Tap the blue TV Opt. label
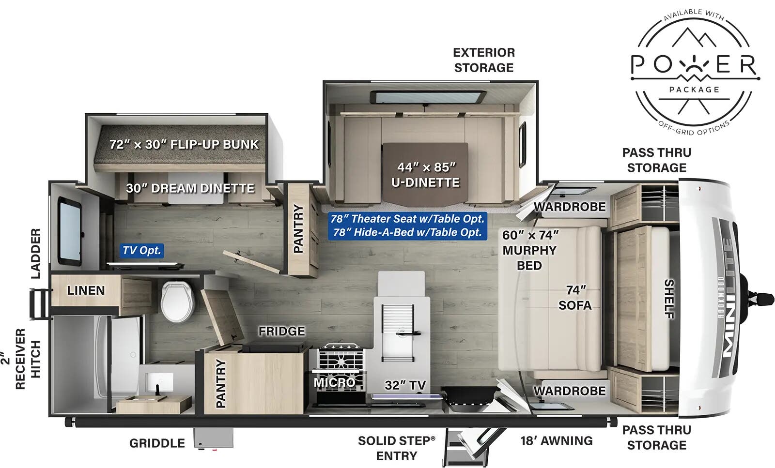[x=141, y=250]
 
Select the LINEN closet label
[x=86, y=290]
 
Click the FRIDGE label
[x=281, y=331]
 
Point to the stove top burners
[x=339, y=359]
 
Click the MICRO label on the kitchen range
[x=334, y=382]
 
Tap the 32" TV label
[x=405, y=385]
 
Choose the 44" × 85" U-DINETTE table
[x=425, y=174]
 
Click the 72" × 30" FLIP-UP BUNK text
[x=184, y=144]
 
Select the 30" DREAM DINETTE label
[x=190, y=188]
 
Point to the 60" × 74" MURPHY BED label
[x=529, y=250]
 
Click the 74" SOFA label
[x=575, y=298]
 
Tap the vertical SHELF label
[x=669, y=299]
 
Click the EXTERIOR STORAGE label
[x=484, y=60]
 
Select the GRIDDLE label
[x=157, y=443]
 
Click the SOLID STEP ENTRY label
[x=396, y=448]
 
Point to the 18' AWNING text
[x=557, y=441]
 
